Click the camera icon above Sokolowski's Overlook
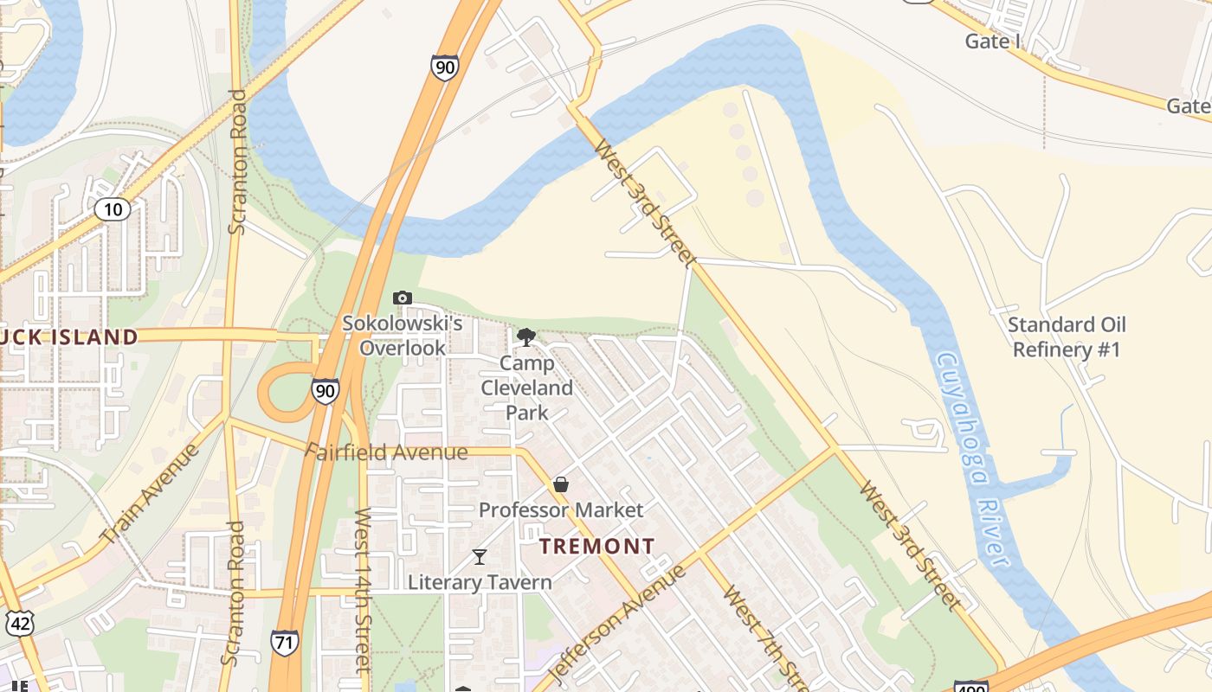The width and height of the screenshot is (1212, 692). coord(402,298)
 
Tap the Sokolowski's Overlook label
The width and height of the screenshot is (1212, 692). coord(403,336)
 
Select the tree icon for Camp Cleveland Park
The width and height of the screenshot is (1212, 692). coord(525,336)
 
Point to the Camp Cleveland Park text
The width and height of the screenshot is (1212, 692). coord(526,388)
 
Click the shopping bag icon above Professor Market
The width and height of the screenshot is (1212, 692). coord(561,484)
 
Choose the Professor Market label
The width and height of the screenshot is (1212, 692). coord(561,510)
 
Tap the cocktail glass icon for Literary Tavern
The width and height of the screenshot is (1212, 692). coord(480,556)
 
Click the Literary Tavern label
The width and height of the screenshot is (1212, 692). coord(480,582)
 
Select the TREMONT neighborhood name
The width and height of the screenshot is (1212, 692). coord(597,547)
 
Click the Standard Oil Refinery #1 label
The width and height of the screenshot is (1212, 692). coord(1067,337)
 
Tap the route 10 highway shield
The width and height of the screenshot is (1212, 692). coord(113,208)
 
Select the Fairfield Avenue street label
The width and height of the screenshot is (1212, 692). coord(387,452)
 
